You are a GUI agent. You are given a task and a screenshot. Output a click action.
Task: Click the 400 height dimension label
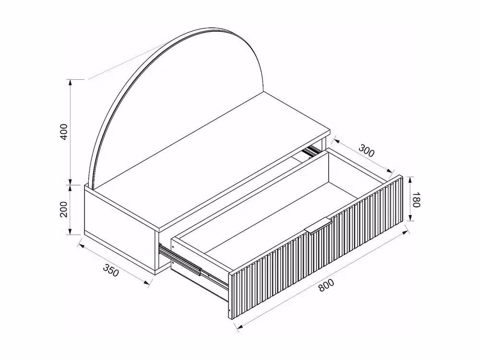pos(64,132)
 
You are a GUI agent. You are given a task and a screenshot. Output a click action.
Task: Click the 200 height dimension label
pos(64,209)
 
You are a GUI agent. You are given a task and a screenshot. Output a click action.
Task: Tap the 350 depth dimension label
pos(110,270)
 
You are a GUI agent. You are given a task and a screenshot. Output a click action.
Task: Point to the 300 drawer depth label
pos(366,151)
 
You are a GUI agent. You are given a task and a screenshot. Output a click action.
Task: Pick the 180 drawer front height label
pos(415,199)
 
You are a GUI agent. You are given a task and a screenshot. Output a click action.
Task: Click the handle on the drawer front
pos(318,226)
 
